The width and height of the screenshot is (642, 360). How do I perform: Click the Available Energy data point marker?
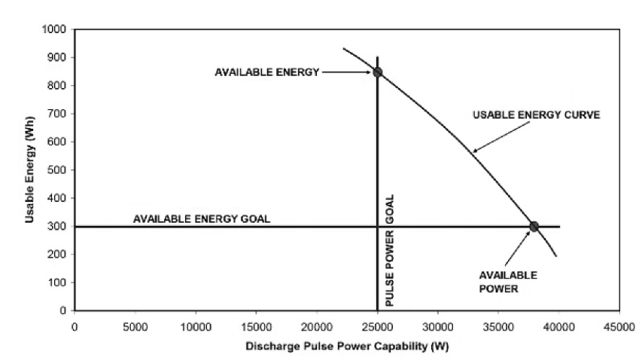click(377, 72)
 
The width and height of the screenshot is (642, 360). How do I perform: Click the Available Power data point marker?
click(534, 226)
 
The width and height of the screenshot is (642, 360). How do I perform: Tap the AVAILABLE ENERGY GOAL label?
click(201, 219)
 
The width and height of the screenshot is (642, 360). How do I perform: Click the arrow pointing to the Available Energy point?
click(348, 72)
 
